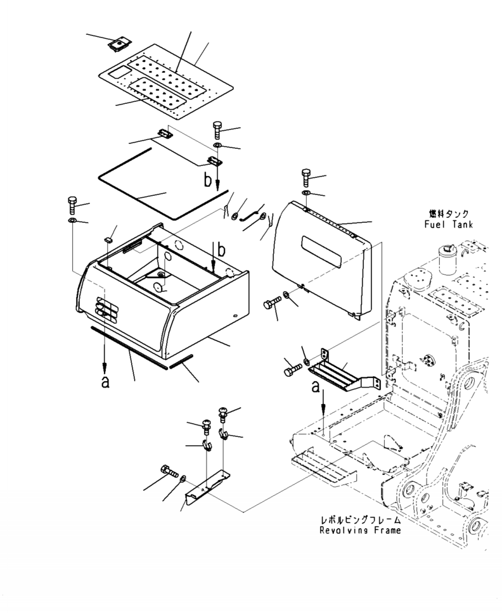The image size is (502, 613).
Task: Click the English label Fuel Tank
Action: [x=449, y=225]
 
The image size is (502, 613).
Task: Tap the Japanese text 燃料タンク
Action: [x=449, y=215]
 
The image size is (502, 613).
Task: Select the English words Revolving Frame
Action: [x=360, y=531]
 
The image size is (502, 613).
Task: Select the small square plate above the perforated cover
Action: [x=119, y=43]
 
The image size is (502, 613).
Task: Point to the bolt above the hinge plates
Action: [x=217, y=130]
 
